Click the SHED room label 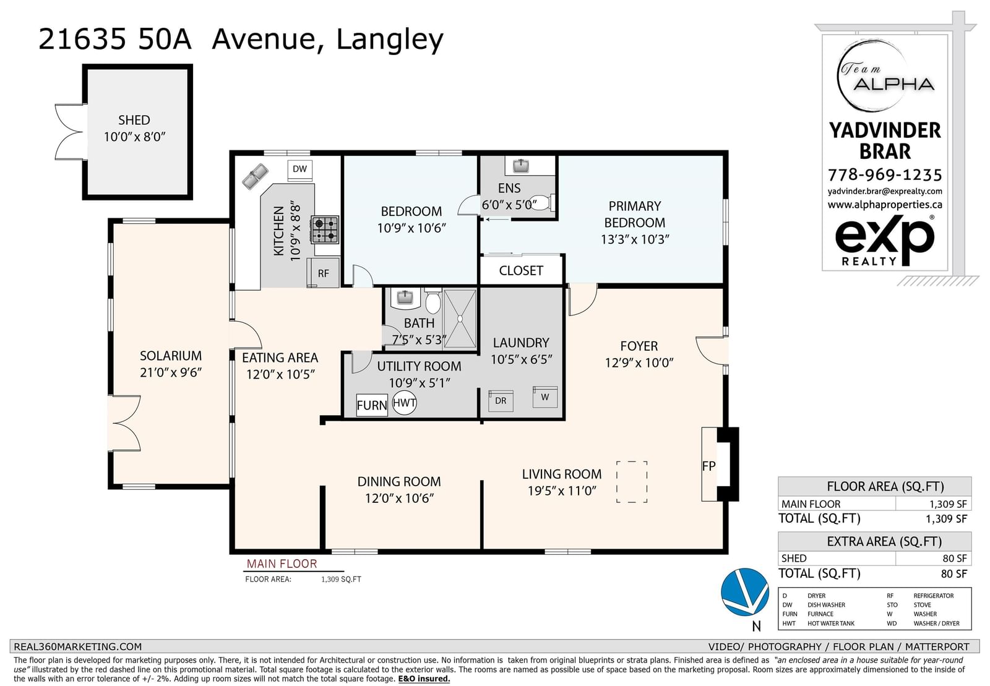(x=134, y=120)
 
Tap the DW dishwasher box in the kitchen (x=299, y=169)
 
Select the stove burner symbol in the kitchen (x=325, y=229)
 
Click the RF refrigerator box (x=323, y=273)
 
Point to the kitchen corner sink (x=255, y=176)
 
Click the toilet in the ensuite (x=541, y=203)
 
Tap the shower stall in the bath (x=460, y=319)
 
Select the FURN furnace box (x=372, y=405)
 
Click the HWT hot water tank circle (x=405, y=403)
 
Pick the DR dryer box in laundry (x=501, y=401)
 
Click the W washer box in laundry (x=545, y=397)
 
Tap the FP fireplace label (x=708, y=466)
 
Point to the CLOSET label (x=521, y=270)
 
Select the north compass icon (x=746, y=593)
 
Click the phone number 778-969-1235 (x=885, y=175)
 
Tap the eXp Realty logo (x=885, y=241)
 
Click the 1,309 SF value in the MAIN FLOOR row (x=948, y=504)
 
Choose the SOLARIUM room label (x=171, y=356)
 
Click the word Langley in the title (x=389, y=40)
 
